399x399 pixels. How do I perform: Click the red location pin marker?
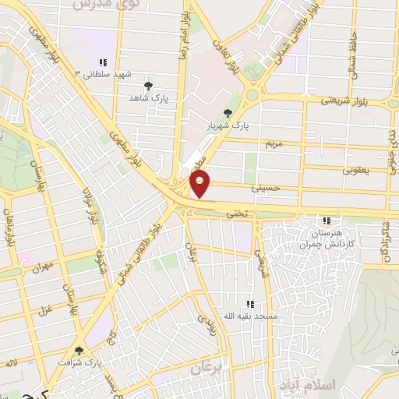(200, 184)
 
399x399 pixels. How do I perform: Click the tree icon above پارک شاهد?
(149, 86)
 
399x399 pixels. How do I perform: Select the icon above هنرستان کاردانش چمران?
(326, 221)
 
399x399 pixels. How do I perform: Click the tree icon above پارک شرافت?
(80, 351)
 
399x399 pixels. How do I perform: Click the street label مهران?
(42, 267)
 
